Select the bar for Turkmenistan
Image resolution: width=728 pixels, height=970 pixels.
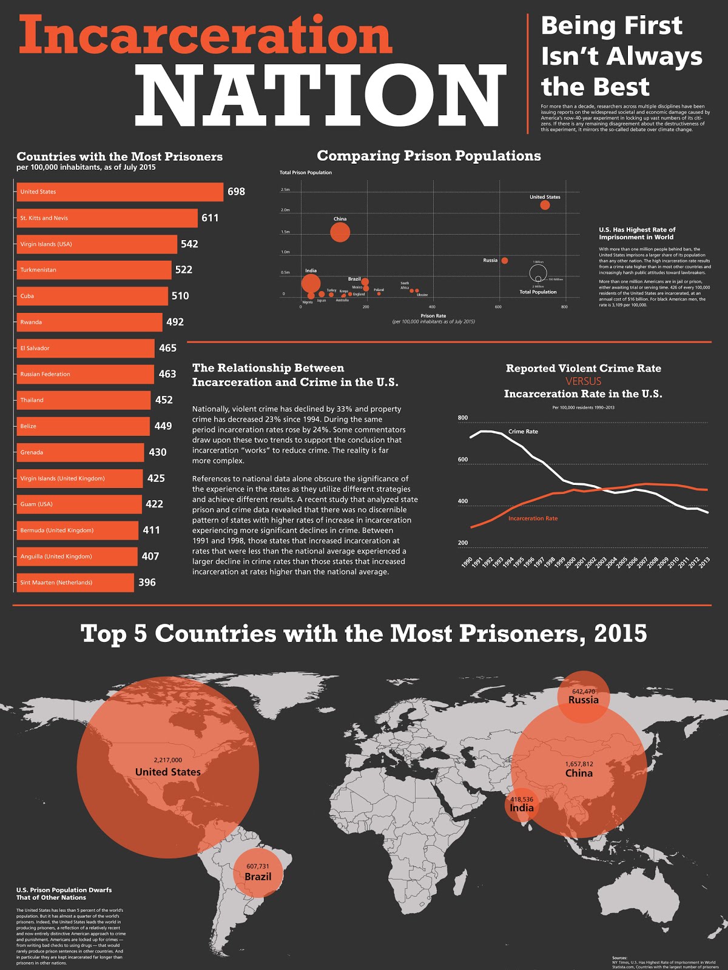point(94,270)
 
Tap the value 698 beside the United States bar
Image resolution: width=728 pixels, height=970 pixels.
point(236,192)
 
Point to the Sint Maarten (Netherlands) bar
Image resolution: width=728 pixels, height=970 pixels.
point(75,583)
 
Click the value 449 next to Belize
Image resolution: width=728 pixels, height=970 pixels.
point(163,426)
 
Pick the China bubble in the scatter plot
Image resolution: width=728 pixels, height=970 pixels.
point(340,232)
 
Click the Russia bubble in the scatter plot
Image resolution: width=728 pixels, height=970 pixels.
point(505,261)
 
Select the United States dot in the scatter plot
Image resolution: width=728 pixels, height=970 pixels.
point(545,205)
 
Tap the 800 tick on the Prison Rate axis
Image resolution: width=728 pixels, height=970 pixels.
point(565,307)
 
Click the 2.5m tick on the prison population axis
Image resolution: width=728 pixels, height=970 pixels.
point(285,190)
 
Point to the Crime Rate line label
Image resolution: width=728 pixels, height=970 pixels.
point(523,432)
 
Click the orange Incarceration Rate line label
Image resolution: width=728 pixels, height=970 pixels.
point(533,518)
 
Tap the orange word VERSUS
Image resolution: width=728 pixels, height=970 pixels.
point(583,381)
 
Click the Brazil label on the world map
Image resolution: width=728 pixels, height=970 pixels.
point(258,877)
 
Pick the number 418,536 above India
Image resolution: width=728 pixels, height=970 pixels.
point(522,800)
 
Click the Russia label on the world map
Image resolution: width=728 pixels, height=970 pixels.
point(583,700)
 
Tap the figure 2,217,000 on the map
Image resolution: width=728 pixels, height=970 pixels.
point(167,760)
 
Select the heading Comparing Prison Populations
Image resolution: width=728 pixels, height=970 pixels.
point(429,156)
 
